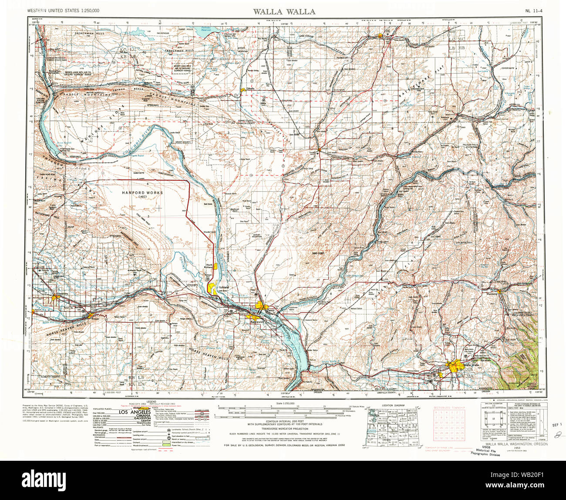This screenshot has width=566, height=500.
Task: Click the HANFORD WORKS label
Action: click(x=136, y=193)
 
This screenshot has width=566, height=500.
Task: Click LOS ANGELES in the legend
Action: click(x=135, y=412)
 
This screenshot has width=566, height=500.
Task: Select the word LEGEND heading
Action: click(x=151, y=401)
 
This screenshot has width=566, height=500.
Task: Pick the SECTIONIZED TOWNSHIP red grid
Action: click(x=448, y=426)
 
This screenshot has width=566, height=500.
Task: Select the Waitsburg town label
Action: click(x=492, y=294)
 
